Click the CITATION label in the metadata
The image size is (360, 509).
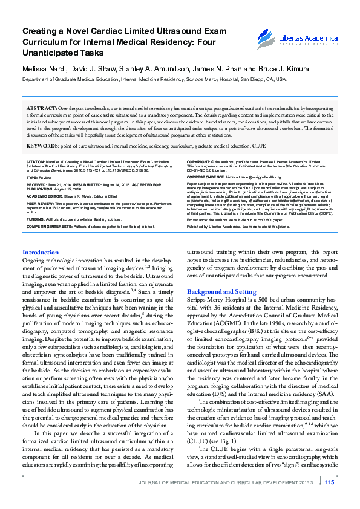point(36,163)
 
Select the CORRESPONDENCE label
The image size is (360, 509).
point(206,177)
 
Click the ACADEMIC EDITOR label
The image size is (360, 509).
point(44,196)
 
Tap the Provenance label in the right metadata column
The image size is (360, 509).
point(198,220)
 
